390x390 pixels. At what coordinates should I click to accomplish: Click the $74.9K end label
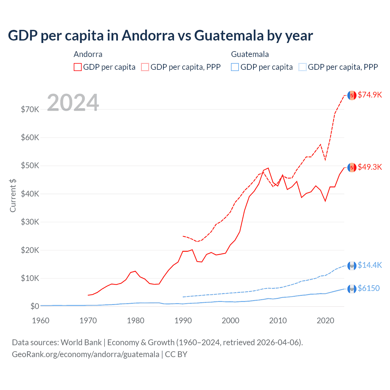[x=370, y=95]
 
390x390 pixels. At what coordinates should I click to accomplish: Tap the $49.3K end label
[x=370, y=167]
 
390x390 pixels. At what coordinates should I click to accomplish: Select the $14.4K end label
[x=370, y=265]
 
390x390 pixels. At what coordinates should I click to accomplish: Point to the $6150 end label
[x=369, y=288]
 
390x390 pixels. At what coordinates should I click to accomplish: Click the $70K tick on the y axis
[x=30, y=109]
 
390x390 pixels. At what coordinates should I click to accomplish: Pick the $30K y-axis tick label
[x=30, y=222]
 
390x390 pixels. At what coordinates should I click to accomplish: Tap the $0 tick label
[x=35, y=306]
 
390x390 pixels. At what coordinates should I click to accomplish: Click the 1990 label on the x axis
[x=183, y=321]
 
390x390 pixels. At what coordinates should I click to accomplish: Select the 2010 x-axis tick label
[x=278, y=321]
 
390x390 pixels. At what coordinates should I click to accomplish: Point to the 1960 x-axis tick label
[x=41, y=321]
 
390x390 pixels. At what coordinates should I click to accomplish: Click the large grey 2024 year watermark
[x=73, y=103]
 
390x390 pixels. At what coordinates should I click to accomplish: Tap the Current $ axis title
[x=13, y=195]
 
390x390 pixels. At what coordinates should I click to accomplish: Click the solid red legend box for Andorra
[x=78, y=67]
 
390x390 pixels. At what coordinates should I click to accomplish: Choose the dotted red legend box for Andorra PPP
[x=145, y=67]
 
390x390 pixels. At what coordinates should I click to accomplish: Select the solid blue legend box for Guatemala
[x=235, y=67]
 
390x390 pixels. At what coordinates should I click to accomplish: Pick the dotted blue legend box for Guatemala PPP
[x=303, y=67]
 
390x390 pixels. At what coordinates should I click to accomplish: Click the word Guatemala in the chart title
[x=229, y=35]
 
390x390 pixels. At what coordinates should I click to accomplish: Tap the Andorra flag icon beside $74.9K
[x=352, y=95]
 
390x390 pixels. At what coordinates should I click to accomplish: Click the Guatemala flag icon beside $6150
[x=352, y=289]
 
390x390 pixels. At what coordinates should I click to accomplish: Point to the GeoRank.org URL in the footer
[x=86, y=354]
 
